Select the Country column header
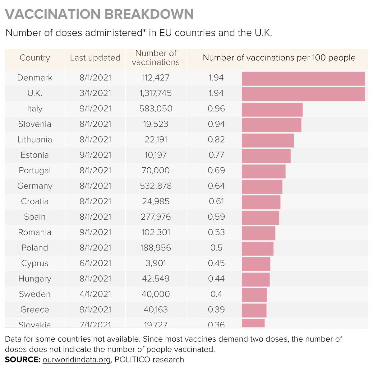pos(35,58)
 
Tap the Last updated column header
pos(95,58)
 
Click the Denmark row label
pos(35,78)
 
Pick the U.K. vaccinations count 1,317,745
pos(156,93)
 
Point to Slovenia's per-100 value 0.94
pos(216,124)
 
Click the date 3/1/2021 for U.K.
pos(95,93)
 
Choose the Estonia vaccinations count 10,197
pos(156,155)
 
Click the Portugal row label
pos(35,170)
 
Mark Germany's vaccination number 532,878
pos(156,186)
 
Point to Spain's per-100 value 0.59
pos(216,217)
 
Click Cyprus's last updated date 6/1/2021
pos(95,263)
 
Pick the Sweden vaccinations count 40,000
pos(156,294)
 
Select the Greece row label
pos(35,310)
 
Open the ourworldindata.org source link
pos(76,360)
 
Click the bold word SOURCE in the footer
pos(22,360)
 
